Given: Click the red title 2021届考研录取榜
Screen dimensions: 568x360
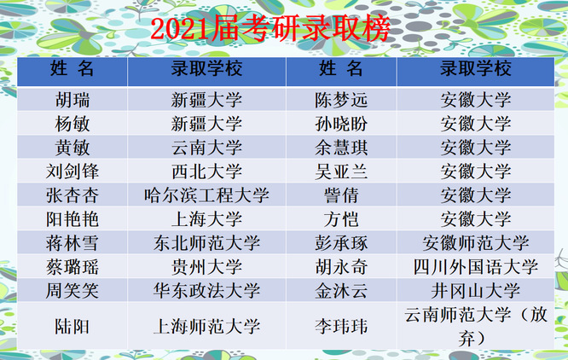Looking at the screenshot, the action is click(270, 28).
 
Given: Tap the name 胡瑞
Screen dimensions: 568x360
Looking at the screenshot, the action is click(72, 100).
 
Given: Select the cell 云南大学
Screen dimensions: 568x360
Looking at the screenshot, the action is click(207, 148).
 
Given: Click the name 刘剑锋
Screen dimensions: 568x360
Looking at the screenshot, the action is click(72, 171).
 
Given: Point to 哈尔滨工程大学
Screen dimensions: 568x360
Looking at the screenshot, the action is click(207, 195).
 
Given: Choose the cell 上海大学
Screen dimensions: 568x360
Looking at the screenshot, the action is click(207, 219).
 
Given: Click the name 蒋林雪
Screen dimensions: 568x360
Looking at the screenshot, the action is click(72, 243).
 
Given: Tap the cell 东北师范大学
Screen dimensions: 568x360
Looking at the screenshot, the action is click(207, 243).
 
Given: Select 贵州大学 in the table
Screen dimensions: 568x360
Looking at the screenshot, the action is click(207, 267).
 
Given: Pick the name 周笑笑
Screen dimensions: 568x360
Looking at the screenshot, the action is click(72, 291).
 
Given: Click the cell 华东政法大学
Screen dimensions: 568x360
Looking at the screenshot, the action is click(207, 291).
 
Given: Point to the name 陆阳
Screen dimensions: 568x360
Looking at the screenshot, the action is click(72, 327).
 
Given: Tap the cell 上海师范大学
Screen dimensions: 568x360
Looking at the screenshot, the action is click(207, 327).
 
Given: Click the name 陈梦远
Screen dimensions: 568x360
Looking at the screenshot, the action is click(341, 100).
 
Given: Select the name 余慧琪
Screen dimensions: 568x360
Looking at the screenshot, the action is click(341, 148).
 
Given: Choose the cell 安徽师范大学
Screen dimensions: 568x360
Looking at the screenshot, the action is click(476, 243).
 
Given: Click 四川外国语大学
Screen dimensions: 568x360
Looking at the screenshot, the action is click(476, 267).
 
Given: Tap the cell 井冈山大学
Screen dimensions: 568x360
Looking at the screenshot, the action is click(476, 291).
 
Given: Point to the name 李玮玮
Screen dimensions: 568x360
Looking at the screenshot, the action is click(341, 327).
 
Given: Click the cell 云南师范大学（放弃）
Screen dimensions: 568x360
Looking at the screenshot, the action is click(476, 327).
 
